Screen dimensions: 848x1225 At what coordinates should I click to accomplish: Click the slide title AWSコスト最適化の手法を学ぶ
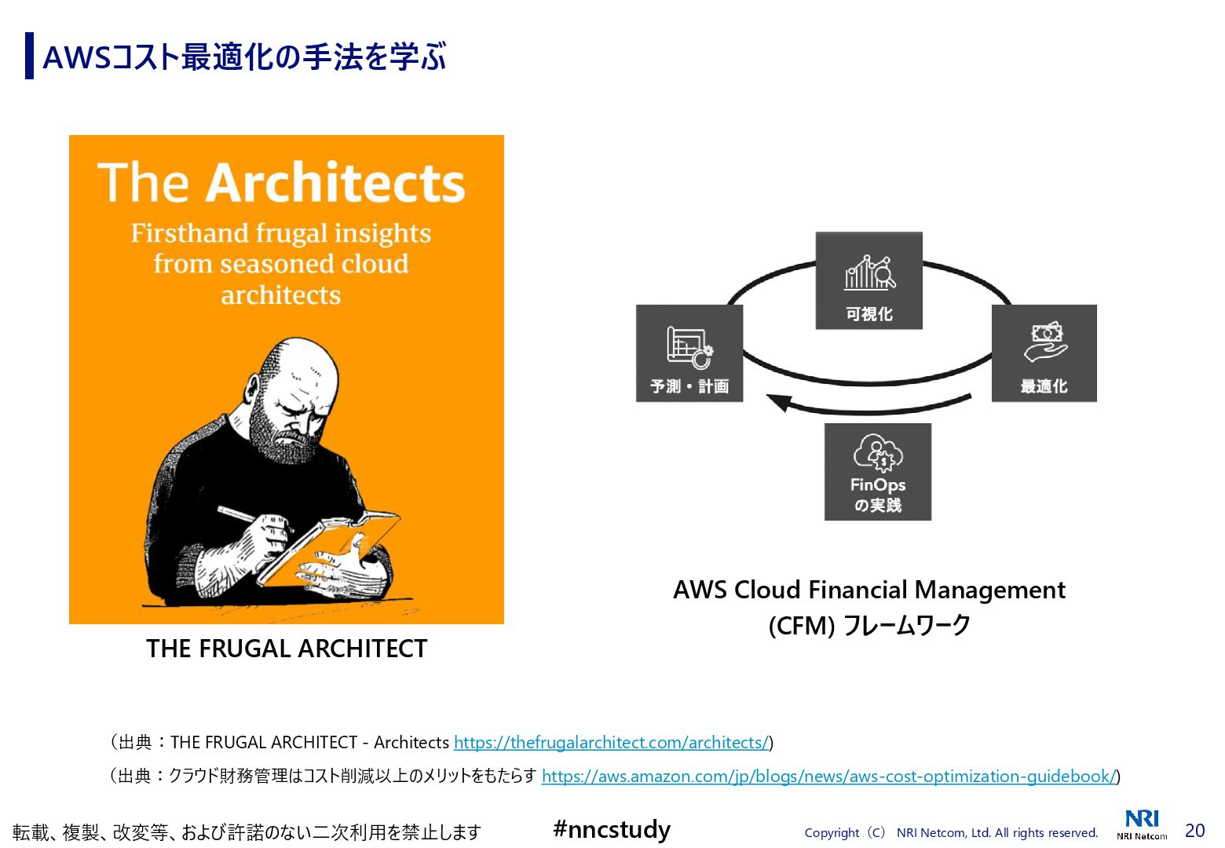pos(244,57)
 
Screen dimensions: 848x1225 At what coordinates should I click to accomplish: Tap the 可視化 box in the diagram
pos(868,280)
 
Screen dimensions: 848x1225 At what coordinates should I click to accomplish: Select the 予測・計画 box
pos(689,353)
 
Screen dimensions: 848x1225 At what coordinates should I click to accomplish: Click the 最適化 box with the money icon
pos(1044,353)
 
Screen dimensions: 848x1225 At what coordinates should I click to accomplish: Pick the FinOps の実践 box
pos(878,472)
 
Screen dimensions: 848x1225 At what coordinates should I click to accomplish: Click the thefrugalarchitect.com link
pos(611,742)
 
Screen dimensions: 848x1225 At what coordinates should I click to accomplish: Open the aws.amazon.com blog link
pos(828,776)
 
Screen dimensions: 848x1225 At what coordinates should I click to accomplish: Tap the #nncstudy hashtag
pos(612,829)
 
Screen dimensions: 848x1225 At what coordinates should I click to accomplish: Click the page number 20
pos(1194,830)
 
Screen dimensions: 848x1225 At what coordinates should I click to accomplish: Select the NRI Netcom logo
pos(1142,824)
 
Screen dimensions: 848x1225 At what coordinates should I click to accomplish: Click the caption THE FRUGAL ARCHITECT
pos(287,649)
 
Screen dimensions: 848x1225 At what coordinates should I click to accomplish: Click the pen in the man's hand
pos(240,515)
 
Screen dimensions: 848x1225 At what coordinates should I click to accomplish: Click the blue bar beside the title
pos(29,56)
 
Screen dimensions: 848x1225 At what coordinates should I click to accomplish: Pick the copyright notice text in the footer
pos(951,832)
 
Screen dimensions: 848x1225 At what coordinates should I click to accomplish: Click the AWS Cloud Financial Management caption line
pos(868,590)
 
